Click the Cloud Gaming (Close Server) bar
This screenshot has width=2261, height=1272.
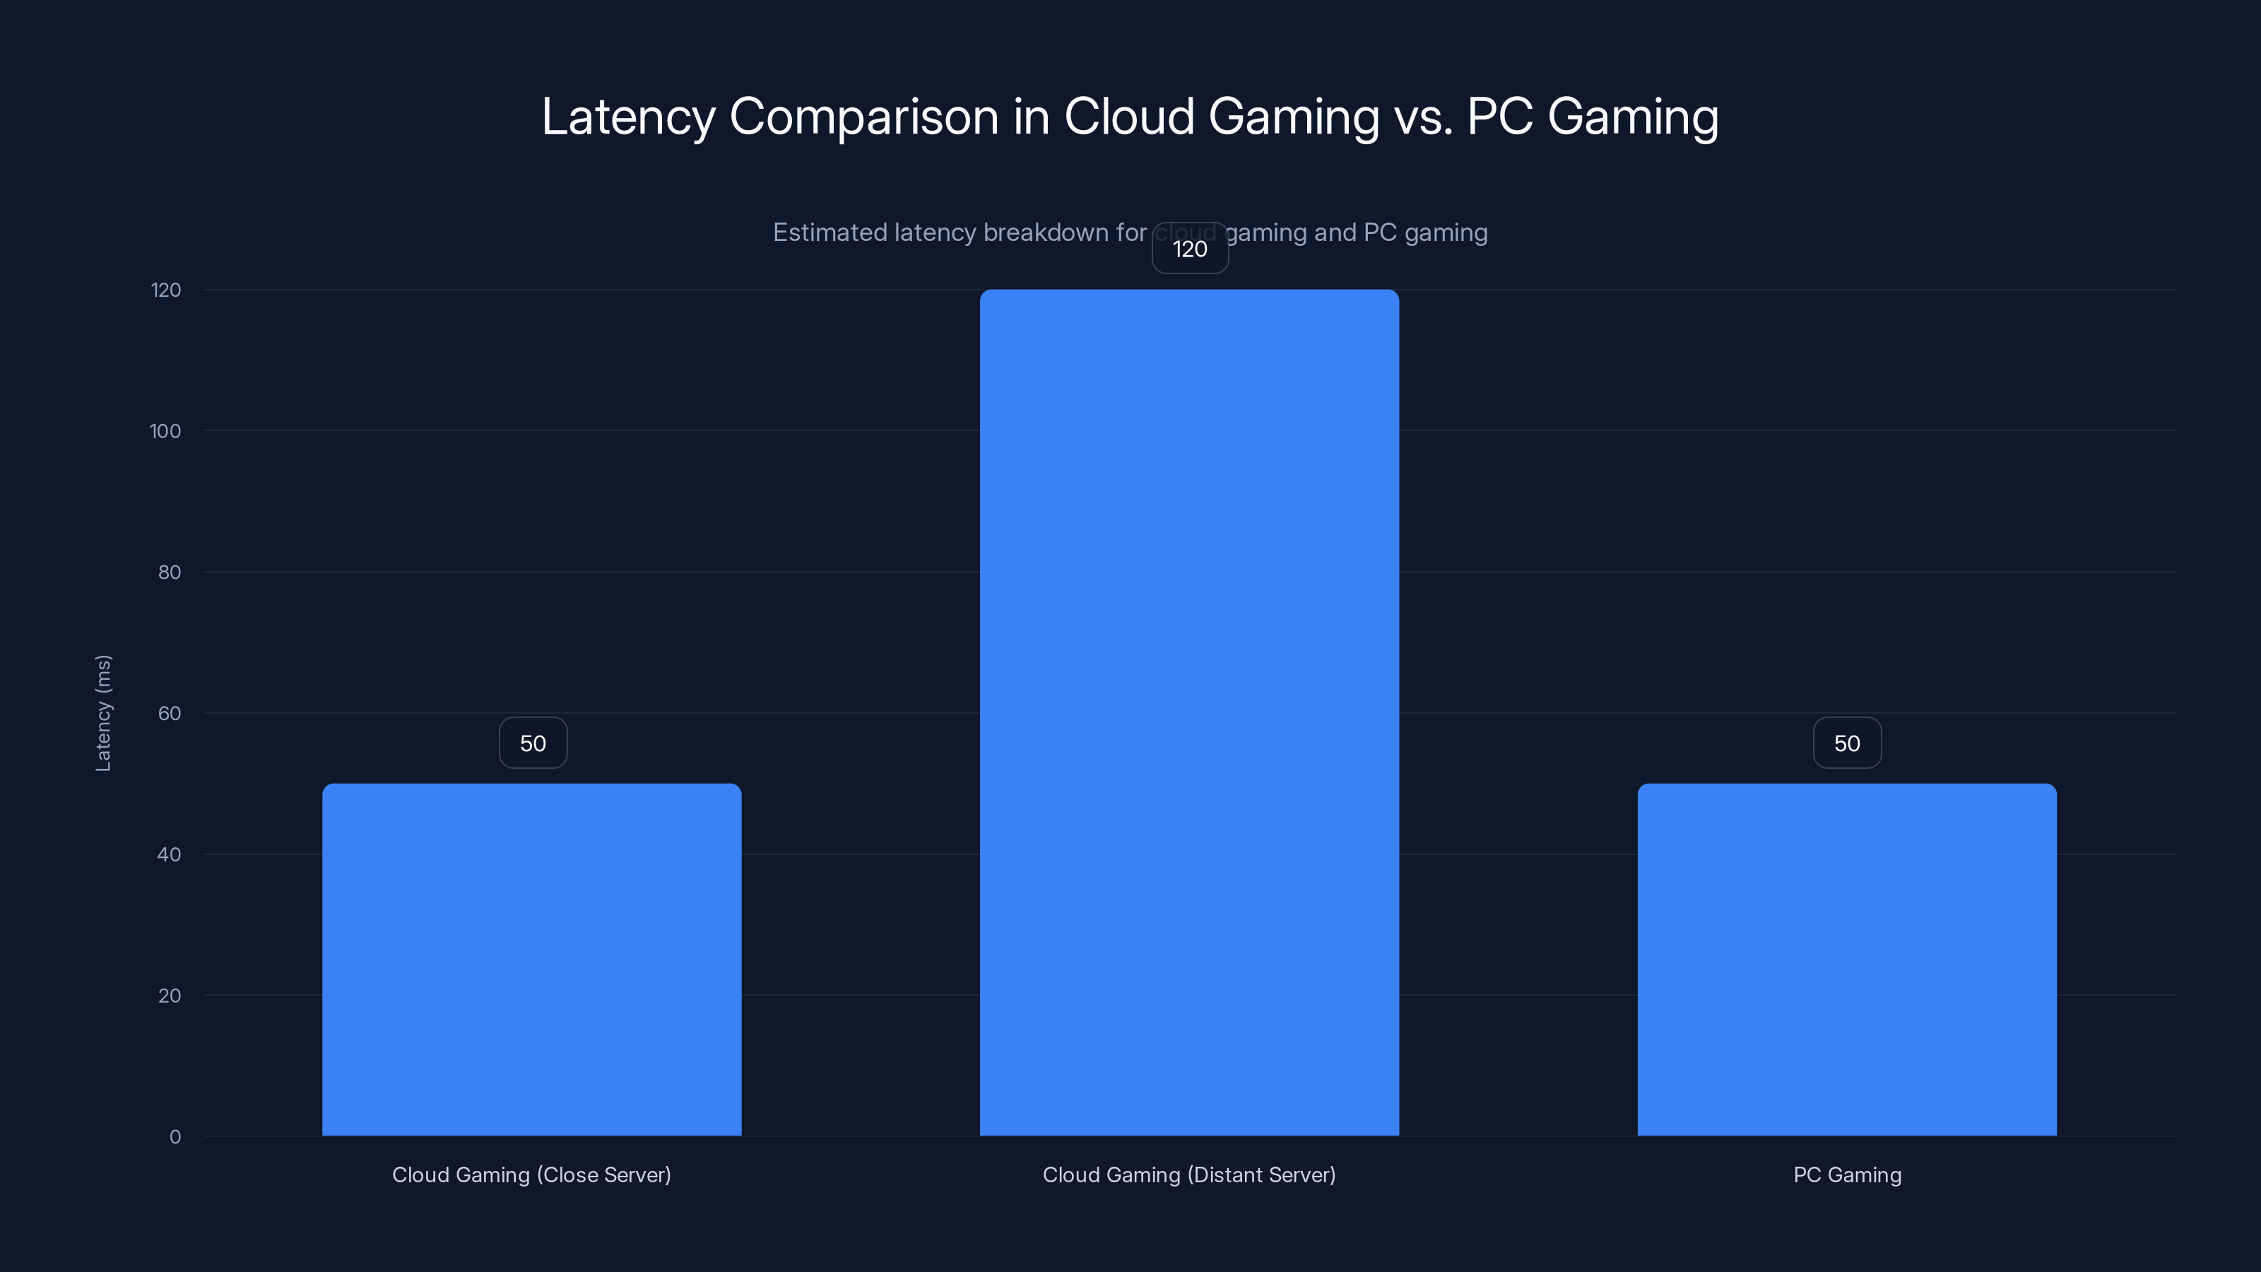(531, 960)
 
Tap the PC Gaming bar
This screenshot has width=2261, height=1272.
(1847, 960)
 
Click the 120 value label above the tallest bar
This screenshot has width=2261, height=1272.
(1189, 249)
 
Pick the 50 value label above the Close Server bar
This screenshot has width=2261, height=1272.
(533, 743)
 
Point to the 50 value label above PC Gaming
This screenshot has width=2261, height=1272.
(1847, 743)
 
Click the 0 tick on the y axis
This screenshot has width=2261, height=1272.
(175, 1137)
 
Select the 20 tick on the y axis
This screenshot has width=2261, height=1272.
(170, 996)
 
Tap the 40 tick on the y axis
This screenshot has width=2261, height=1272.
(169, 854)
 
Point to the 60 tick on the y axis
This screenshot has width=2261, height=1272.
(170, 713)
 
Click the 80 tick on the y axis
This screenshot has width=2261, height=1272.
(170, 572)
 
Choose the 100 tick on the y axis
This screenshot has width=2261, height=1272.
(165, 431)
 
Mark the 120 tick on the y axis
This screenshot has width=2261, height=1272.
(166, 290)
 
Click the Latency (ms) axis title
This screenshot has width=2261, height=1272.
(102, 713)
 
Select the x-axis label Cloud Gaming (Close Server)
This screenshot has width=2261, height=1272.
(531, 1174)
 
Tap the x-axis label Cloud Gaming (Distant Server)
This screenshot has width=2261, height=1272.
(1188, 1174)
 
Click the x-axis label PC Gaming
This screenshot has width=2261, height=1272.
(1847, 1174)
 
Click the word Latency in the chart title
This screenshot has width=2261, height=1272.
(627, 117)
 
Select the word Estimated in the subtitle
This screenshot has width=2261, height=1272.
(829, 232)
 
